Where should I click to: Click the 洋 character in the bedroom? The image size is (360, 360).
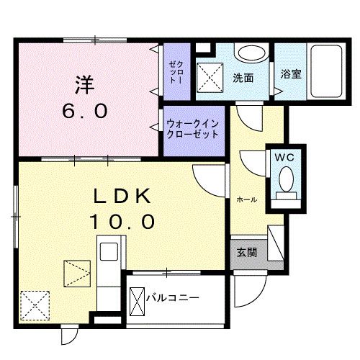point(84,84)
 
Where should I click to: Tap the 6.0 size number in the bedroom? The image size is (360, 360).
point(84,112)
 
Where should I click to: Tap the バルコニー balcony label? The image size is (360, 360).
point(172,296)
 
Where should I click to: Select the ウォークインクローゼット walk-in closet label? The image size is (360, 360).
point(193,129)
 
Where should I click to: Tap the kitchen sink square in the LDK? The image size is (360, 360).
point(108,253)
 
